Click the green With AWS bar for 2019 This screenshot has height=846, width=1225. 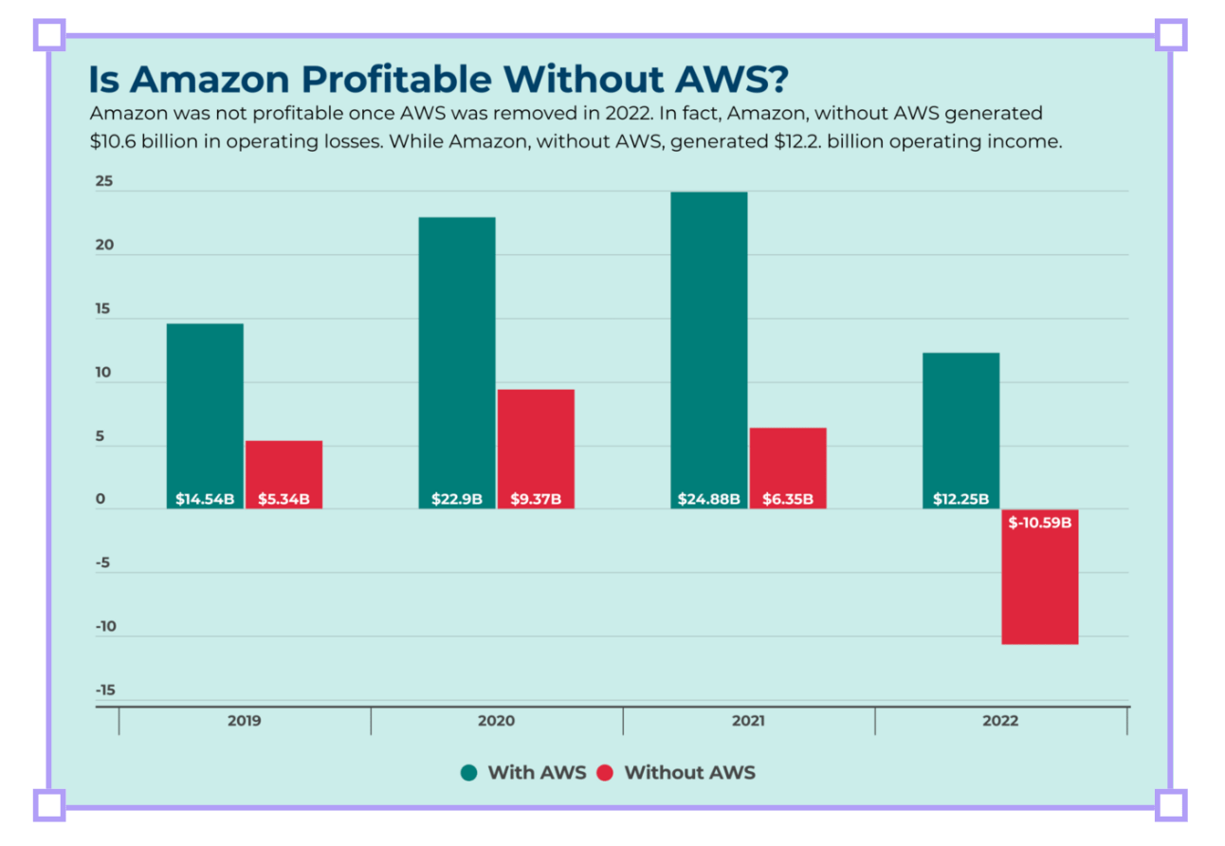(x=205, y=408)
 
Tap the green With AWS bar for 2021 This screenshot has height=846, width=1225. (x=709, y=341)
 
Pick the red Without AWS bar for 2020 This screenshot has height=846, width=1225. (x=536, y=441)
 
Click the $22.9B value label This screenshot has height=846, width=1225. (x=457, y=499)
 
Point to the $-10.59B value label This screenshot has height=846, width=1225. (x=1040, y=522)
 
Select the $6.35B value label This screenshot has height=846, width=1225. (x=788, y=499)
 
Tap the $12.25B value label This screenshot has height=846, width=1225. (x=960, y=499)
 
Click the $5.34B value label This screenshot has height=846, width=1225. (x=283, y=499)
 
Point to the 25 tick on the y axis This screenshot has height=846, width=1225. (x=103, y=181)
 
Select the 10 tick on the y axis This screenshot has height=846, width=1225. (x=103, y=373)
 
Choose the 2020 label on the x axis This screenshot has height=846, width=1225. (x=496, y=721)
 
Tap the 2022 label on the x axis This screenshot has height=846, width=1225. (x=1000, y=721)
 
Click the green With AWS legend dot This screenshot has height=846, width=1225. (x=468, y=773)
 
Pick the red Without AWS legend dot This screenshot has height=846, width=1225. (x=605, y=773)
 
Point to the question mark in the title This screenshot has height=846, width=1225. (x=777, y=80)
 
